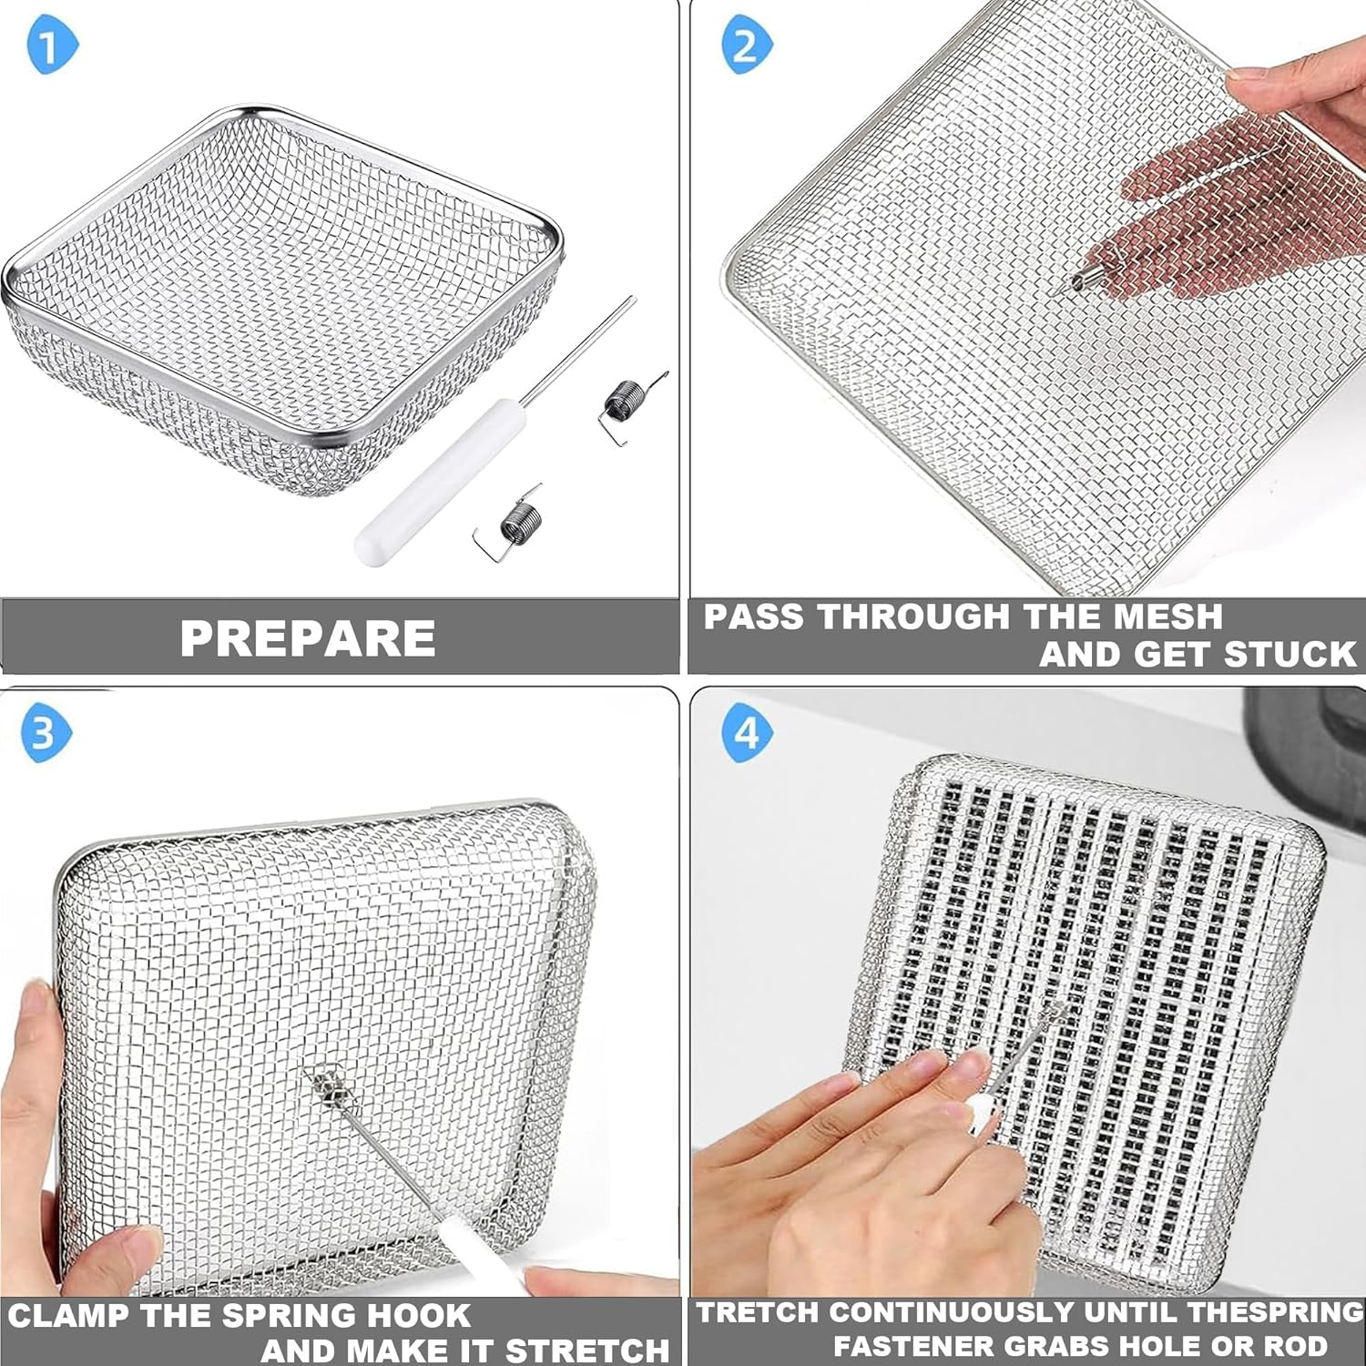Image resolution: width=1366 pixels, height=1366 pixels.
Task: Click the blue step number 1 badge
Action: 52,46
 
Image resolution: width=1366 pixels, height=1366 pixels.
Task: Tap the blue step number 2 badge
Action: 747,46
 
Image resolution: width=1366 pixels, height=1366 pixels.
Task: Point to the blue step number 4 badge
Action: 747,732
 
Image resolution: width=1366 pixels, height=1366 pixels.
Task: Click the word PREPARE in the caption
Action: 308,637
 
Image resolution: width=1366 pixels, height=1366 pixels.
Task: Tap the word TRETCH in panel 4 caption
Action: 757,1312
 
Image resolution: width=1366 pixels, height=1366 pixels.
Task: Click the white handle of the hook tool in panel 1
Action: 437,483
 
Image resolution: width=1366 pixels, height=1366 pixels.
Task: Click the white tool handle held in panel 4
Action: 980,1111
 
